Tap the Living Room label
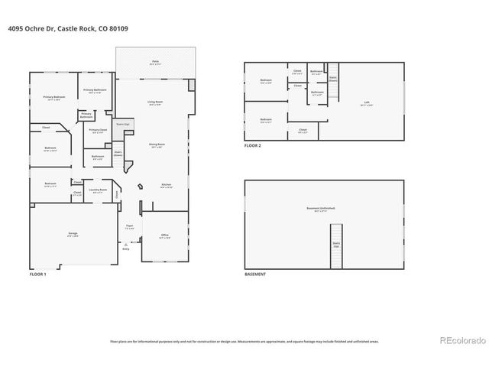(155, 103)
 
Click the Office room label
(164, 236)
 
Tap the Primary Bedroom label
(53, 98)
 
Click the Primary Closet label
(97, 131)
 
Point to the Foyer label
(130, 227)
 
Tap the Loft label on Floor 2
(367, 103)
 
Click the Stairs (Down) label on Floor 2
(333, 77)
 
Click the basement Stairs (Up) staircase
(335, 246)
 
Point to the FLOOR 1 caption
(38, 273)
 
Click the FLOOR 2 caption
(253, 145)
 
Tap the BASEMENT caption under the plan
(255, 273)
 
